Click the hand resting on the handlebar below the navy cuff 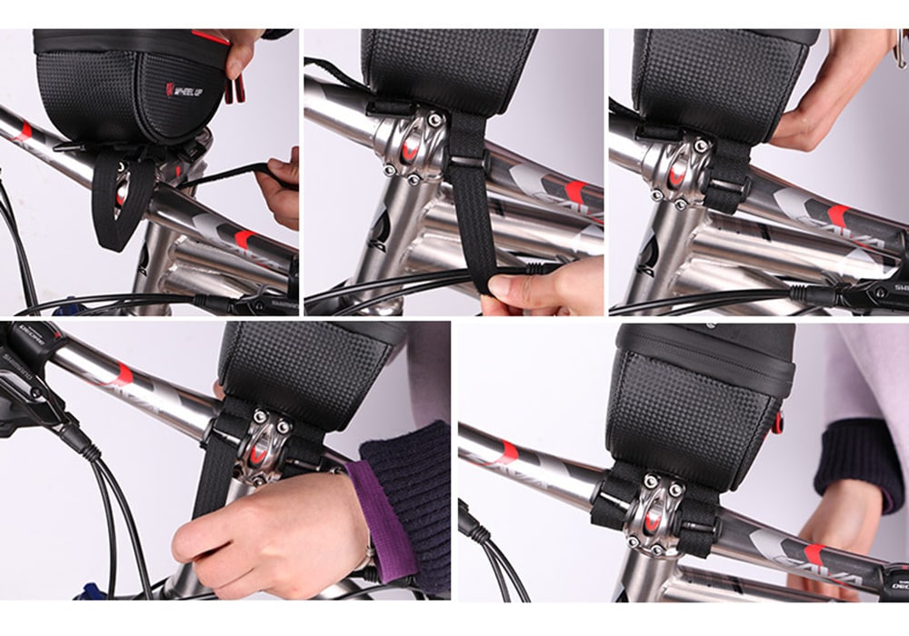click(841, 527)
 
